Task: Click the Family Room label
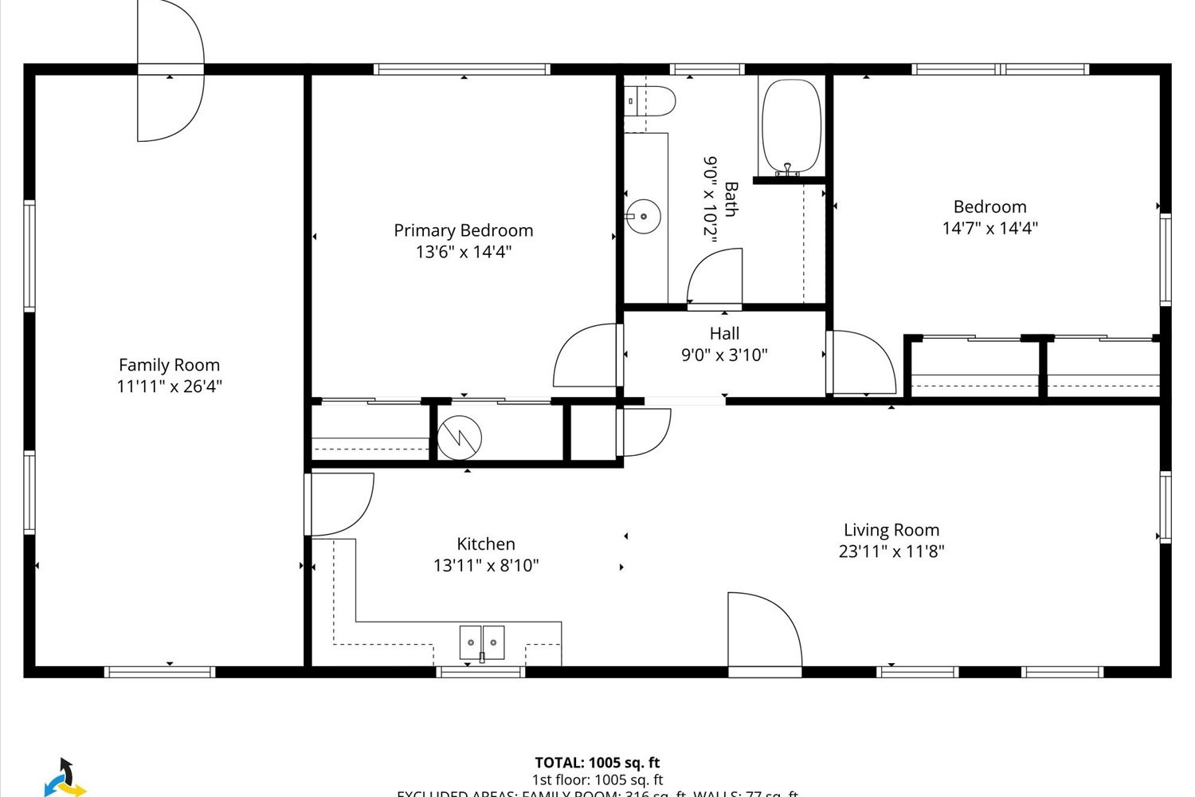click(x=169, y=365)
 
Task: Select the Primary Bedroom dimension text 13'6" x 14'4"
click(x=463, y=252)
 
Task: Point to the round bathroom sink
click(x=642, y=215)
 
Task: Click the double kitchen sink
click(x=482, y=642)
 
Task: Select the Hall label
click(x=724, y=333)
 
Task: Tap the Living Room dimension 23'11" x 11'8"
click(x=891, y=551)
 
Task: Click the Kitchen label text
click(x=485, y=544)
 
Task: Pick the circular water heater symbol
click(x=460, y=437)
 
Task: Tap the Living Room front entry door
click(x=763, y=631)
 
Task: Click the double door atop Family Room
click(x=170, y=72)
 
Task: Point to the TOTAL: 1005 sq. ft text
click(x=597, y=763)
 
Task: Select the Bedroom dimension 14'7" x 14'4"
click(x=989, y=228)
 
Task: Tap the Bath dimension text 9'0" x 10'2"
click(x=710, y=197)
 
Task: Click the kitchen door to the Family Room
click(x=341, y=505)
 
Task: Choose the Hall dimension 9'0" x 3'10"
click(x=724, y=355)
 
